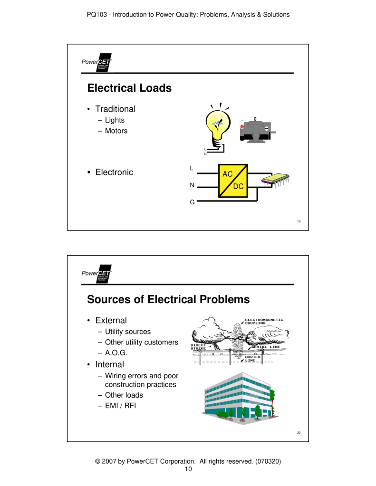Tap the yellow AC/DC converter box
click(x=233, y=181)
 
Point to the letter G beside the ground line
click(x=192, y=202)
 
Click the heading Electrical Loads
click(x=129, y=88)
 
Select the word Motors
click(x=116, y=131)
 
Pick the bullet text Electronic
click(x=114, y=172)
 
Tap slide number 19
click(x=299, y=222)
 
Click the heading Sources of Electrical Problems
click(x=168, y=299)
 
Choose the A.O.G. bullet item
click(x=116, y=353)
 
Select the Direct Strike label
click(x=198, y=347)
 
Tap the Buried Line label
click(x=252, y=359)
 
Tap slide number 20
click(x=299, y=433)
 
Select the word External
click(x=111, y=320)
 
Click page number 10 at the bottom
click(x=188, y=469)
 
